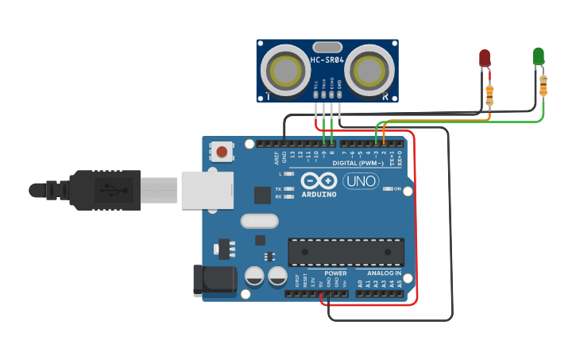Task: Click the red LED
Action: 485,58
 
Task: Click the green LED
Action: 539,56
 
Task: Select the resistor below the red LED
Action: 489,95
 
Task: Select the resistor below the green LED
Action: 543,85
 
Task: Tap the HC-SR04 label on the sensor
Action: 327,60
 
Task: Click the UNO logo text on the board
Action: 361,181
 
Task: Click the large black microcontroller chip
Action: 346,252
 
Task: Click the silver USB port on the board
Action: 207,190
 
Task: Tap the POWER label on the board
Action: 335,272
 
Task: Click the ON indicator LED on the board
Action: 388,189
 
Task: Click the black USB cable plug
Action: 103,190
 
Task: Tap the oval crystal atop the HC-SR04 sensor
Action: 327,47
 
